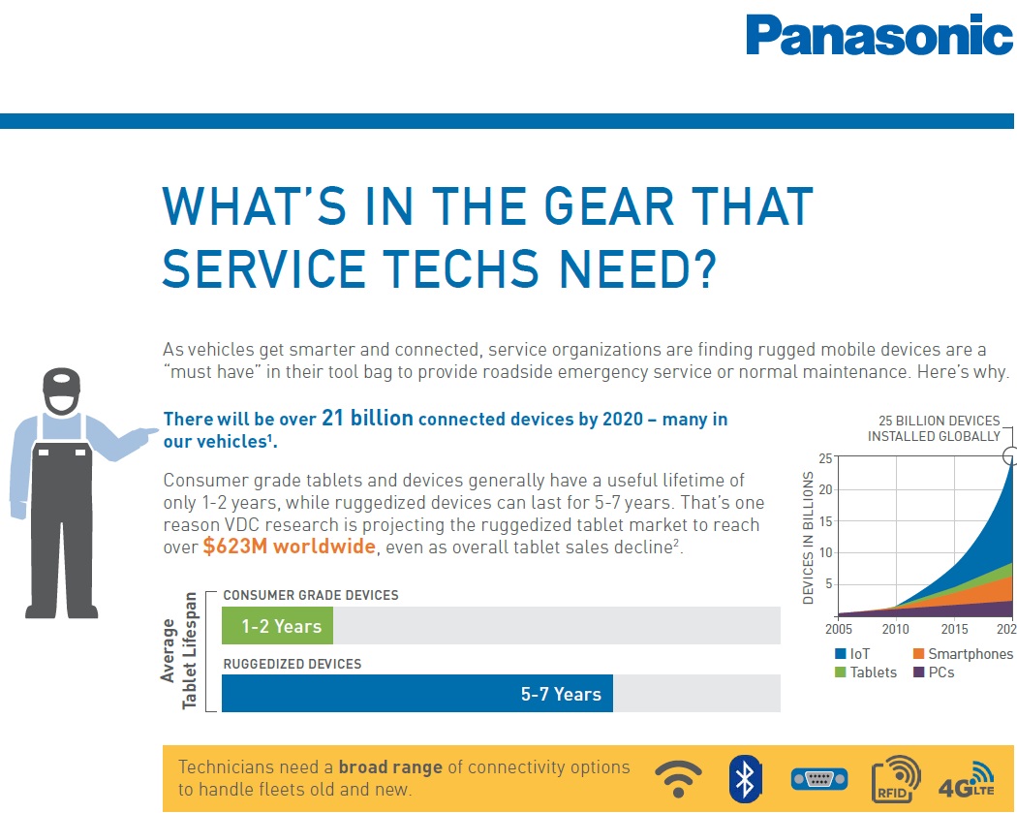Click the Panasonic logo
(x=878, y=36)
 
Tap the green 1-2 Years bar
(x=277, y=626)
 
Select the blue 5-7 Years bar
(x=417, y=694)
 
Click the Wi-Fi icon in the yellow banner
(x=678, y=777)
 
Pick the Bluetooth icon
(x=743, y=777)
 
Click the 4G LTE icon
(x=966, y=778)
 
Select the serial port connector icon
(x=818, y=778)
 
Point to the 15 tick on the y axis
(x=824, y=520)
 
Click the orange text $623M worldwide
(x=289, y=547)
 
